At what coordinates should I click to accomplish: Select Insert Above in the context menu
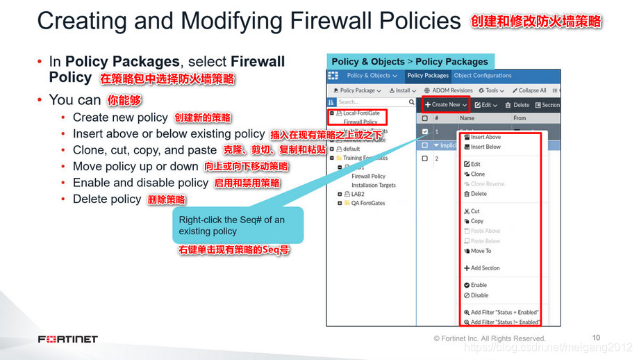pos(486,137)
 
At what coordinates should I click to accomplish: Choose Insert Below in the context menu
pos(486,147)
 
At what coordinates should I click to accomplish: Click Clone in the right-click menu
pos(478,174)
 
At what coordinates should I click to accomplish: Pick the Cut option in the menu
pos(475,211)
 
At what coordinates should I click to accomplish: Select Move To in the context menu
pos(481,251)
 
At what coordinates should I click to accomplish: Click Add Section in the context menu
pos(485,268)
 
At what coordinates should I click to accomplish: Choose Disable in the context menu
pos(479,295)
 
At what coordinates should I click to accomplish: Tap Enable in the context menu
pos(479,285)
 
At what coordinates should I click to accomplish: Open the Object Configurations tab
pos(483,76)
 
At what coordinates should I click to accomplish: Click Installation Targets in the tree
pos(374,186)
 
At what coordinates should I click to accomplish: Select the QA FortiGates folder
pos(368,203)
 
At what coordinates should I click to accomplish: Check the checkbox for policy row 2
pos(425,158)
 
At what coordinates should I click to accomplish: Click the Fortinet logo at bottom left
pos(68,339)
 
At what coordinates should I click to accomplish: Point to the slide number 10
pos(596,337)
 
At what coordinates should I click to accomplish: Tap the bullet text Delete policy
pos(107,199)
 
